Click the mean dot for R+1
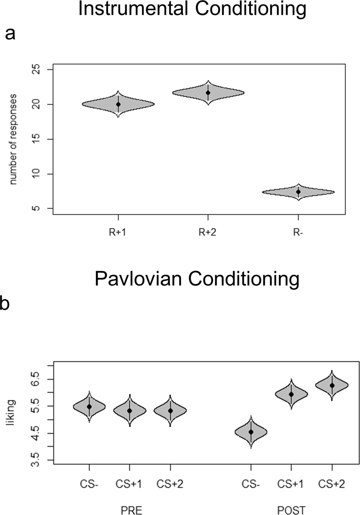click(118, 105)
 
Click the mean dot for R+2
click(208, 93)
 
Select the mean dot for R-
click(298, 192)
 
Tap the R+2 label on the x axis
click(208, 232)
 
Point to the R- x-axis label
click(298, 232)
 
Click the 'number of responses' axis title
click(13, 139)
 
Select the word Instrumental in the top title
click(134, 9)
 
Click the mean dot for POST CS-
click(251, 432)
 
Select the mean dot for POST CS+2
click(332, 386)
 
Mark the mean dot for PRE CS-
click(89, 407)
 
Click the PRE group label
click(131, 510)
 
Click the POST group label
click(291, 510)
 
